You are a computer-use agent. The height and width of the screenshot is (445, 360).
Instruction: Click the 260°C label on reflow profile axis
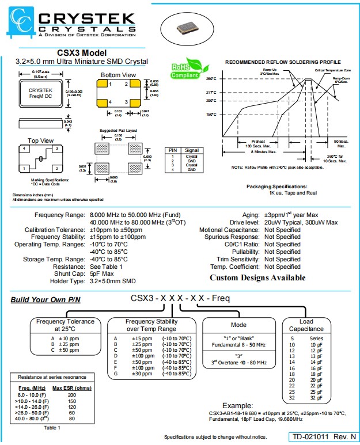[211, 78]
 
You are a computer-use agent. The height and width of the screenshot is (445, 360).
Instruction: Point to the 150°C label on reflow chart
[211, 114]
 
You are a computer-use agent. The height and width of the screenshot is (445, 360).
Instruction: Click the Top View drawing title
[40, 140]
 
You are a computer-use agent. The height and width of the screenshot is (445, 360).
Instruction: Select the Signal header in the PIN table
[192, 150]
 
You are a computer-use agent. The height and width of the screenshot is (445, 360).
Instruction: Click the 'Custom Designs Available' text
[257, 278]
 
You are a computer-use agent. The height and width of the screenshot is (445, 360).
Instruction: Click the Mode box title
[238, 325]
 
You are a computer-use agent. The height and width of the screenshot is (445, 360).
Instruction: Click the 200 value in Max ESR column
[71, 395]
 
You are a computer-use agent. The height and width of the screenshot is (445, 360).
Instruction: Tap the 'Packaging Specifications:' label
[276, 187]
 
